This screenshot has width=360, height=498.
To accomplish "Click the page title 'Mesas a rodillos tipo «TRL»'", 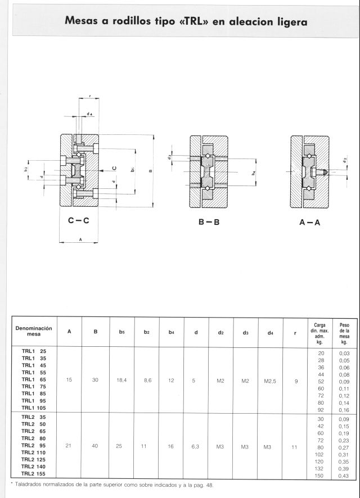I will point(186,22).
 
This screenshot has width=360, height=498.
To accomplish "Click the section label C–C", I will point(79,221).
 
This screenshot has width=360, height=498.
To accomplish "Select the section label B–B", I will point(208,221).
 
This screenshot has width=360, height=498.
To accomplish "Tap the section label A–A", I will point(309,221).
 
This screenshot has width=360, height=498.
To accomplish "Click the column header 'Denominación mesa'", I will point(34,331).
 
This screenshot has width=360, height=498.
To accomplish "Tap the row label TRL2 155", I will point(34,474).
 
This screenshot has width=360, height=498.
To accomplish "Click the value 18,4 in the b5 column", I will point(121,381).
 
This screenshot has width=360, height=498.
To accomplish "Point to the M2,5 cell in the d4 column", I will point(271,381).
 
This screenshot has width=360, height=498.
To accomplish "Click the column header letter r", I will point(295,332).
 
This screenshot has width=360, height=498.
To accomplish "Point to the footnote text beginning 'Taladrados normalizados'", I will point(112,485).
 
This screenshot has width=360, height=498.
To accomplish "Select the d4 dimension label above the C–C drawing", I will point(90,115).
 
